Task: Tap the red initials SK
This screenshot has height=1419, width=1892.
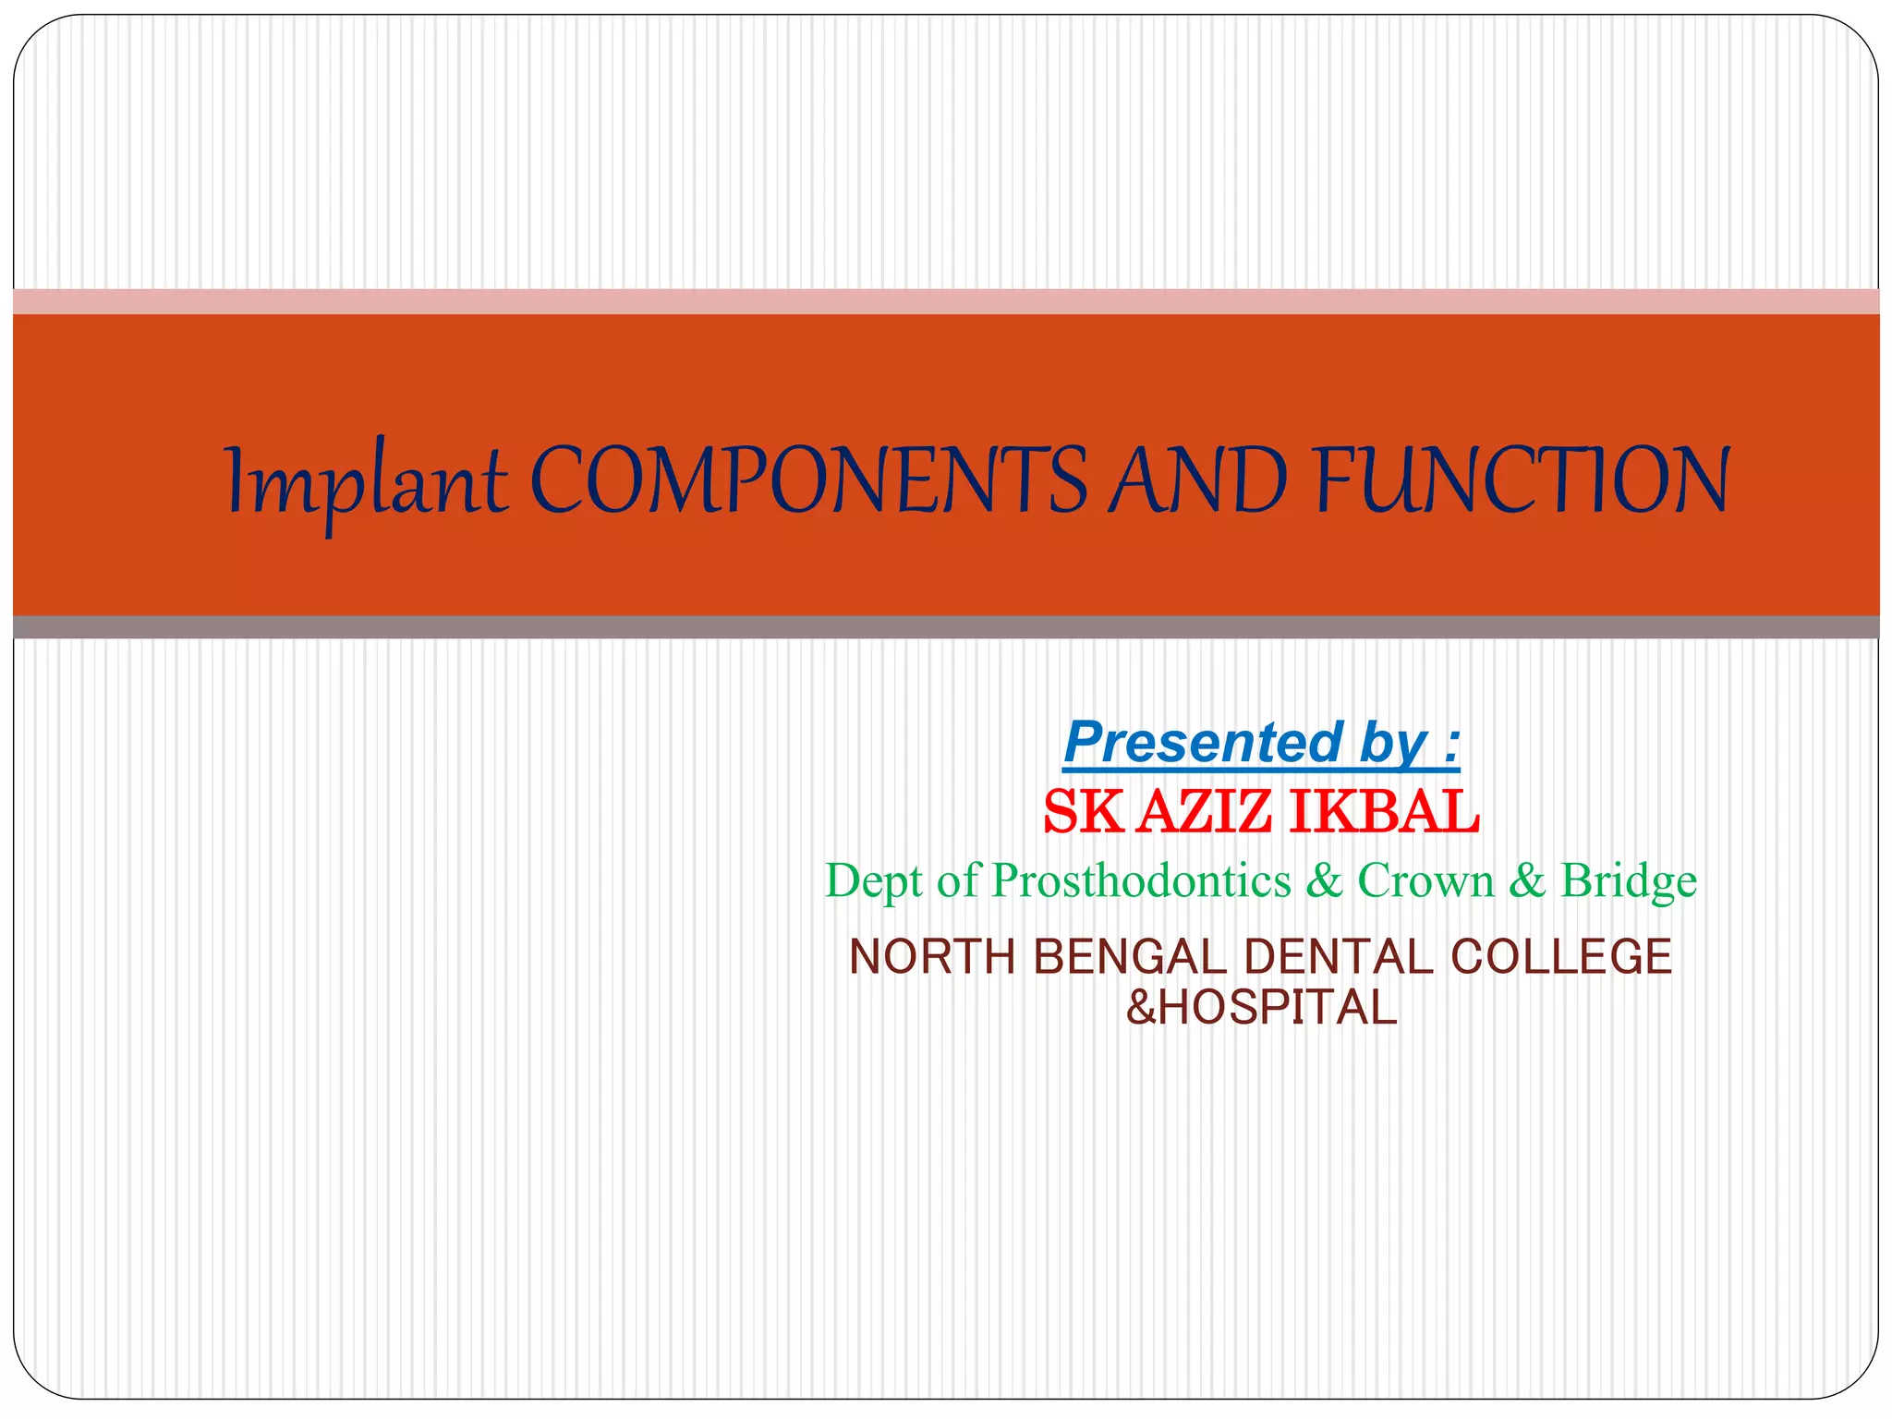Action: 1083,812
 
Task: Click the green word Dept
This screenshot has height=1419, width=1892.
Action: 873,880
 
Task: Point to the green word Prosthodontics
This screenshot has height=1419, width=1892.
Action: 1141,880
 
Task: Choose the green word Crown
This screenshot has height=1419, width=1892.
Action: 1425,880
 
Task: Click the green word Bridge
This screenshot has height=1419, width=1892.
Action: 1629,880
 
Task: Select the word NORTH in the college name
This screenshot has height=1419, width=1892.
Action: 931,957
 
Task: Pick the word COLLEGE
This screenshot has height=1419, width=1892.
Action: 1561,957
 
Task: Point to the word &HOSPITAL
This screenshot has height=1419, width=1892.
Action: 1261,1008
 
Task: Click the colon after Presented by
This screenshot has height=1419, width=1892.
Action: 1453,744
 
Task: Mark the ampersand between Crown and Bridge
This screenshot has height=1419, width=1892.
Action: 1526,880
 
